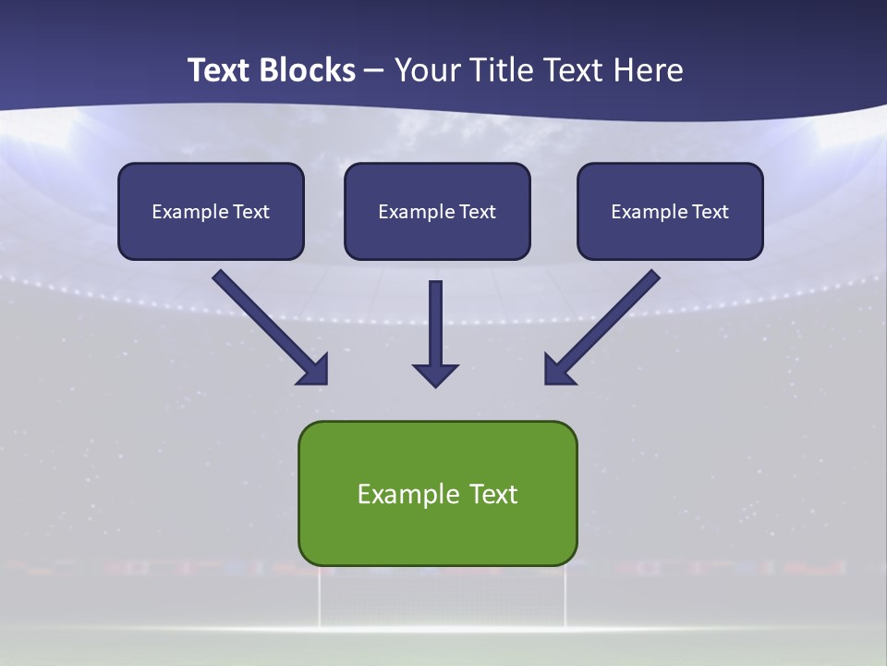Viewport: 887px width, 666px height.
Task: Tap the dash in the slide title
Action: pos(374,71)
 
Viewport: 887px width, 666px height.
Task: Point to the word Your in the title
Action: pos(427,70)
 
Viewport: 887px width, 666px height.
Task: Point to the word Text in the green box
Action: pos(493,494)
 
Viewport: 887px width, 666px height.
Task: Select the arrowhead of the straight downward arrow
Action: pos(435,375)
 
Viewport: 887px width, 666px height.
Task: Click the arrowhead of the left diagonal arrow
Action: pos(314,370)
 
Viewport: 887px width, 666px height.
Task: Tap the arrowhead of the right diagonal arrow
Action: pos(558,370)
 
